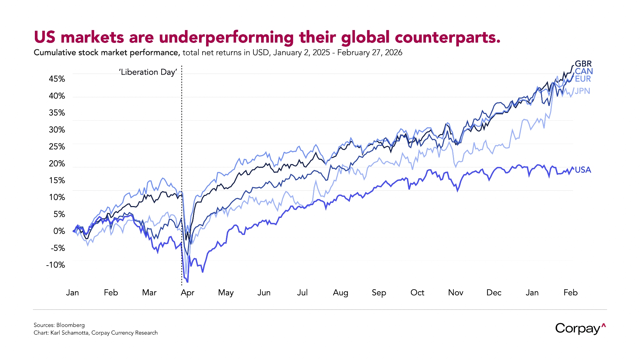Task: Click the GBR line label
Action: pos(583,64)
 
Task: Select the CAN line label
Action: pos(584,71)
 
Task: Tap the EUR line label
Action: pos(583,79)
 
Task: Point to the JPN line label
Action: pos(582,91)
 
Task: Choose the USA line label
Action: pos(583,170)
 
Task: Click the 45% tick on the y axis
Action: pos(57,79)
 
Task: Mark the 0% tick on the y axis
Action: pos(59,231)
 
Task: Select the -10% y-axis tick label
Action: pos(56,265)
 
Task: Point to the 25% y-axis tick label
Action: pos(57,147)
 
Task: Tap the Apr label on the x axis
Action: pos(188,293)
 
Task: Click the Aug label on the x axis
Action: pos(340,293)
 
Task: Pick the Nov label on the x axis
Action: pos(456,293)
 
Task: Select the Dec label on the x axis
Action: pos(494,293)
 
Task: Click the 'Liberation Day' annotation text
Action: pos(148,72)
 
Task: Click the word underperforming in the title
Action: pos(226,37)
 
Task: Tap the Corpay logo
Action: pos(580,329)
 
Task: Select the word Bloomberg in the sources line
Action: pos(70,325)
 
